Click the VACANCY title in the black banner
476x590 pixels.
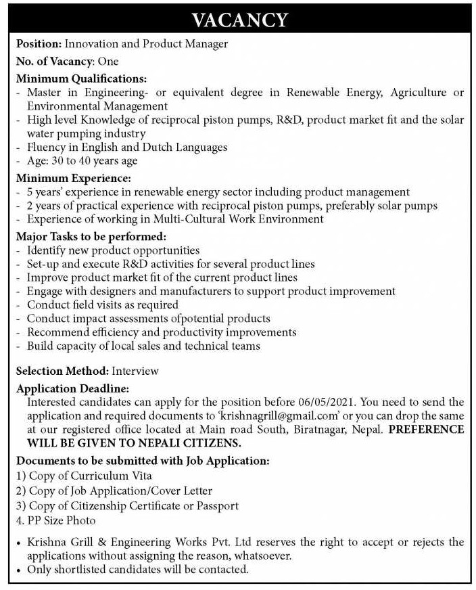coord(239,20)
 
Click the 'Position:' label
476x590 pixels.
coord(39,44)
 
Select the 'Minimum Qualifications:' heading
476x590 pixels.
coord(81,78)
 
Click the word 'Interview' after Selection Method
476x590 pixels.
coord(135,371)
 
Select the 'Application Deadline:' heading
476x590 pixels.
coord(72,388)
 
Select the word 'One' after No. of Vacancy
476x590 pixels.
coord(108,61)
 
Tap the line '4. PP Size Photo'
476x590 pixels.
coord(56,520)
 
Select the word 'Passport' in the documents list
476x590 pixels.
coord(218,505)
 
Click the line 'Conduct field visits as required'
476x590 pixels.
coord(103,304)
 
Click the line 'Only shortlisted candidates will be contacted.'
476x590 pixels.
coord(138,569)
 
